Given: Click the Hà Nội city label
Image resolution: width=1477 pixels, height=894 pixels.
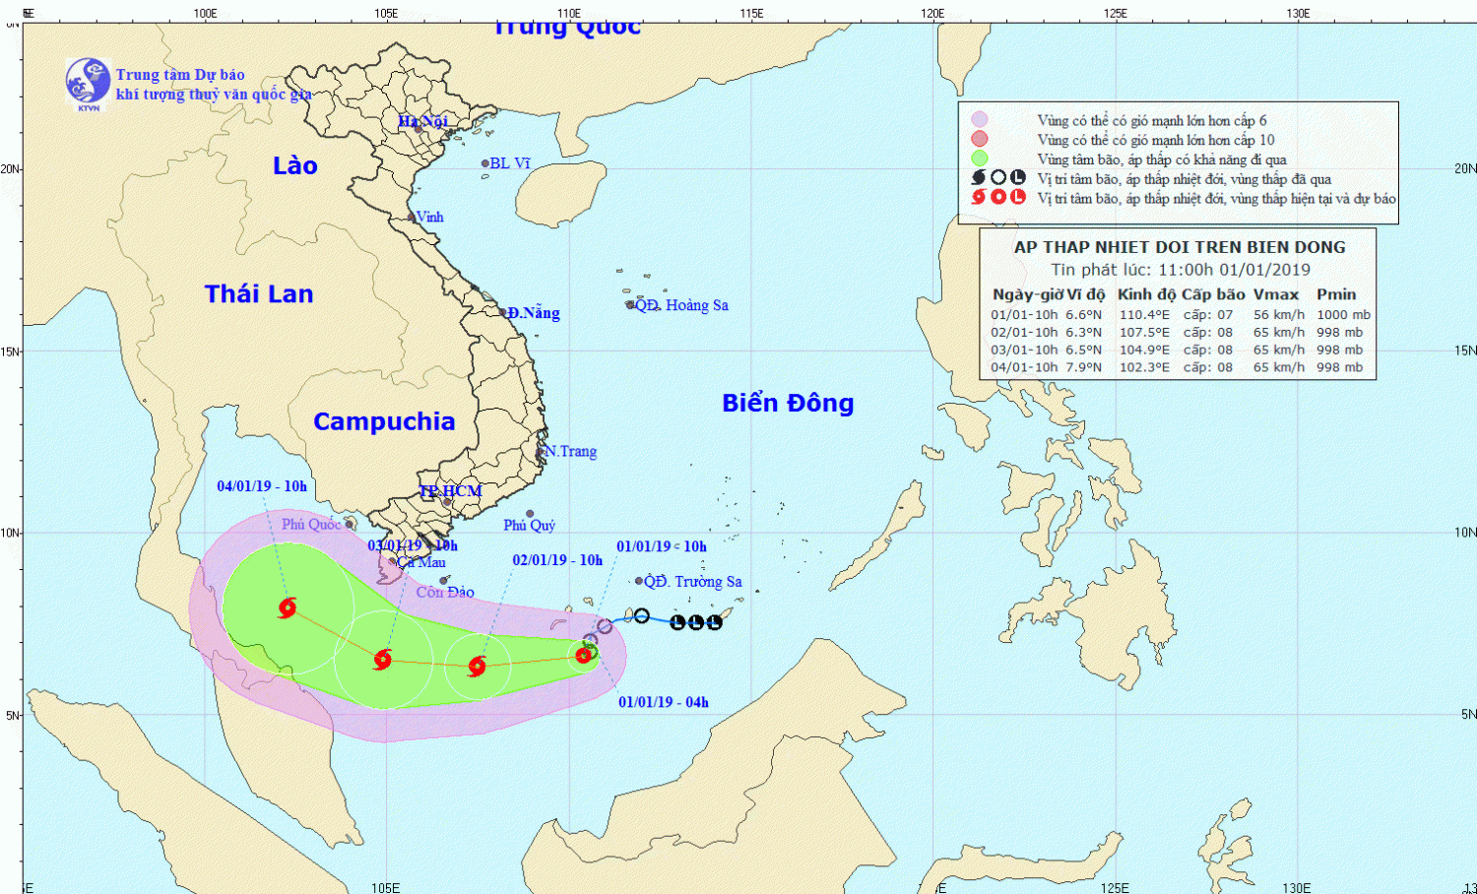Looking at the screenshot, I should (422, 121).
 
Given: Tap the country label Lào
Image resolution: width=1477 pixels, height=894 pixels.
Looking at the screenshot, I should (294, 165).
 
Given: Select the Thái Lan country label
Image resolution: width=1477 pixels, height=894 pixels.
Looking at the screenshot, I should (259, 293).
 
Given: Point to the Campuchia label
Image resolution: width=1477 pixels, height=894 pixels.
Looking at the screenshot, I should (384, 421).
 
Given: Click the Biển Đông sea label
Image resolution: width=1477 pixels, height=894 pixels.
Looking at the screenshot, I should (788, 403).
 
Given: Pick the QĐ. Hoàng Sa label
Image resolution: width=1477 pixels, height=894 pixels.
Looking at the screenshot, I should (681, 305).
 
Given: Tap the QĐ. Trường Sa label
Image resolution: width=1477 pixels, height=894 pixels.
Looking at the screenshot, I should (693, 582).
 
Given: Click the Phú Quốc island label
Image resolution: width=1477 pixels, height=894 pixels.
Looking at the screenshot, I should (311, 524).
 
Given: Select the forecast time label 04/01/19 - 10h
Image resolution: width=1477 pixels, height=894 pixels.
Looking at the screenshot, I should (262, 486).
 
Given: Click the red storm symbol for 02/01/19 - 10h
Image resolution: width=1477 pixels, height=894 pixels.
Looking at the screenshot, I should (478, 667).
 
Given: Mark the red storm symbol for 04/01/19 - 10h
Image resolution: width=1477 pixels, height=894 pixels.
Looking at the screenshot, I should (288, 607).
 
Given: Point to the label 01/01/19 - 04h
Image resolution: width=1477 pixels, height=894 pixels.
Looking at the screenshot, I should (664, 702).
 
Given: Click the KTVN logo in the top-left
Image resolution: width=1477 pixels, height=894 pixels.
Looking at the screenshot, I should (88, 83).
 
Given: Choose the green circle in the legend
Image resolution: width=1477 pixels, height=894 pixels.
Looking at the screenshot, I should (979, 159).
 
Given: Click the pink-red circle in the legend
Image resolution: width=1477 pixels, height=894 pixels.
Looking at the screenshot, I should (979, 139).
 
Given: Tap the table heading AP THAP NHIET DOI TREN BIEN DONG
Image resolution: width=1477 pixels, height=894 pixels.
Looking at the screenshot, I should (1180, 247).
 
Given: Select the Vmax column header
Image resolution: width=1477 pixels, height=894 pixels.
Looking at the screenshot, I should (1275, 294).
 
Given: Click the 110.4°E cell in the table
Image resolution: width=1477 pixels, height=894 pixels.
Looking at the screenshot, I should (1144, 315).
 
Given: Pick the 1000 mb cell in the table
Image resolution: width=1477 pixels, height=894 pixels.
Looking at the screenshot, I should (1343, 315).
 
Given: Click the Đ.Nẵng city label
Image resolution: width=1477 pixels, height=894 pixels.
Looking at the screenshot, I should (534, 313).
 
